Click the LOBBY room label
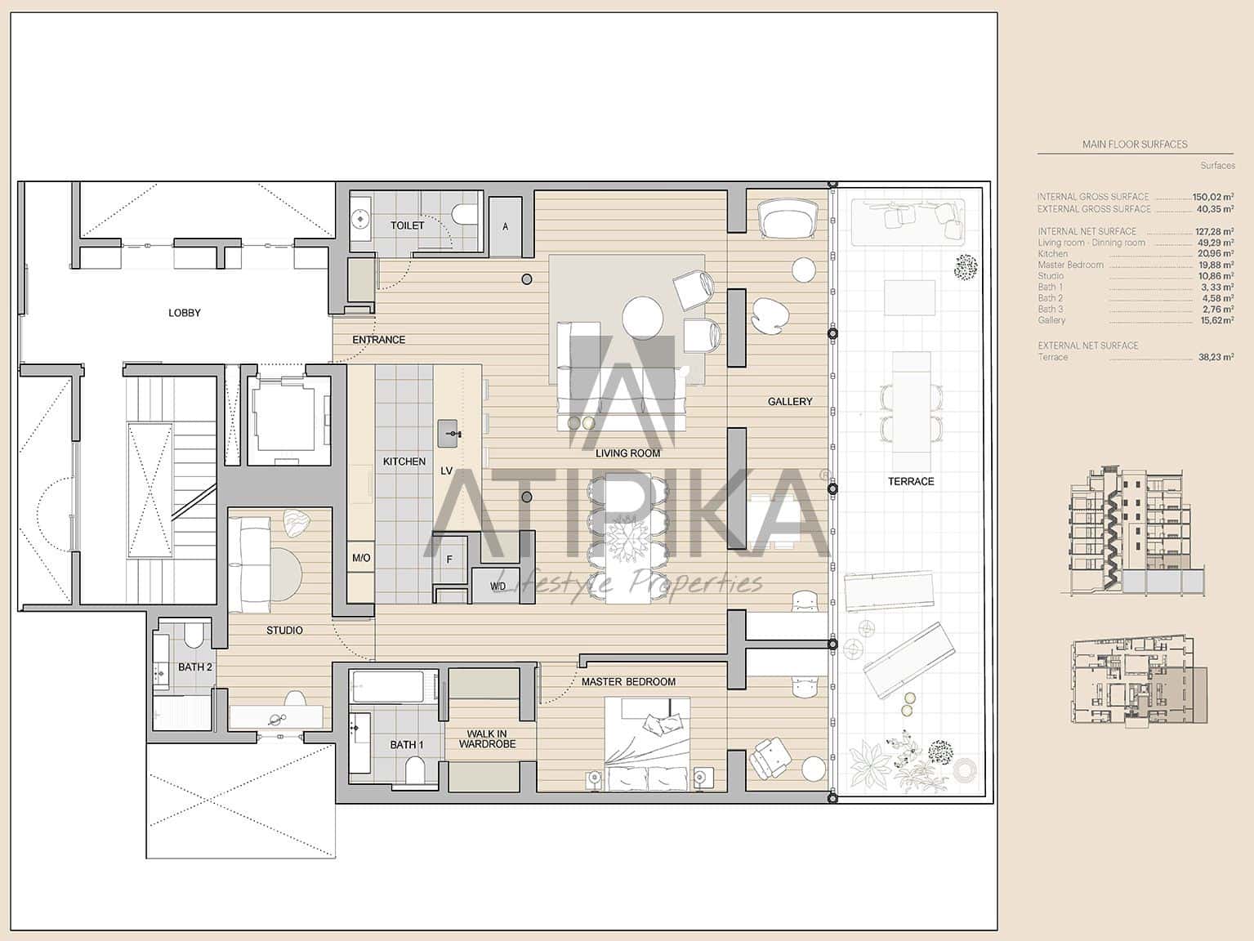click(184, 313)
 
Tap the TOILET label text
click(407, 225)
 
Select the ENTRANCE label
click(378, 340)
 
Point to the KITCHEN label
click(404, 462)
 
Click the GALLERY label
click(790, 401)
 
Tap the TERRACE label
click(911, 481)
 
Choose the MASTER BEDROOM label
click(628, 681)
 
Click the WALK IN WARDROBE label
click(487, 739)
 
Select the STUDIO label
click(284, 630)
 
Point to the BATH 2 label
click(195, 667)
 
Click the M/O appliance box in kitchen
click(361, 558)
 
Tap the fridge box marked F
click(449, 560)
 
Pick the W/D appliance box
click(498, 586)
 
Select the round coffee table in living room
click(643, 317)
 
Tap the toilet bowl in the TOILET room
click(464, 215)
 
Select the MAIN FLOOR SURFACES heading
click(1135, 144)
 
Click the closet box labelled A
click(505, 226)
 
